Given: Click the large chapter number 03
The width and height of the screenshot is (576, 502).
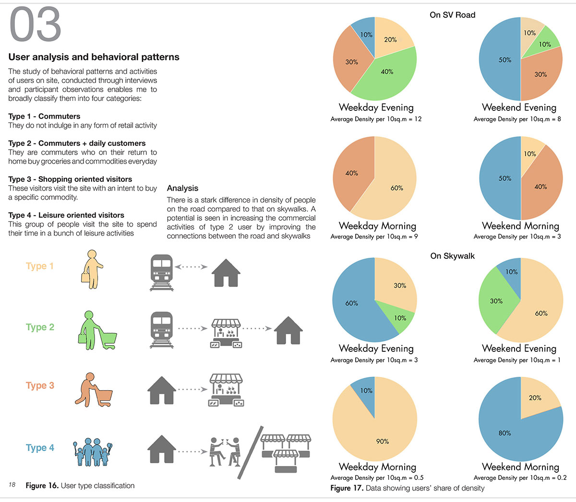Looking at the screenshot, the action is pos(35,24).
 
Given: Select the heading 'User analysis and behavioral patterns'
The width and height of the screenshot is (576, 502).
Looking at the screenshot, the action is pos(94,57).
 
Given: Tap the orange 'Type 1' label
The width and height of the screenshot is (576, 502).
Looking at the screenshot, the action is pos(39,266).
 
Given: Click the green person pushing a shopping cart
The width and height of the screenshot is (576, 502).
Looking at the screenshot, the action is pos(97,330).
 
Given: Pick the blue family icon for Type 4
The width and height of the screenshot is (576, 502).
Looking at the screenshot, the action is pos(93,452).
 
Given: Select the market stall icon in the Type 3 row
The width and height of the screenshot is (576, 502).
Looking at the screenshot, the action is pos(226,390).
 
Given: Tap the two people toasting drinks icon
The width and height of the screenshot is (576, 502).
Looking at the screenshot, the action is pos(225,452).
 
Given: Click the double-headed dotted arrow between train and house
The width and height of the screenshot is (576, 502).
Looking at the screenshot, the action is pos(191,267).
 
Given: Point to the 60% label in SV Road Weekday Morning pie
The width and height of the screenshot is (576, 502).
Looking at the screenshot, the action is pos(396,188).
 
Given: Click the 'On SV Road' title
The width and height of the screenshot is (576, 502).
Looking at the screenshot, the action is pos(453,15).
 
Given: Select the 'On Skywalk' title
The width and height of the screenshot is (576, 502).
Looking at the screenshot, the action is pos(453,256).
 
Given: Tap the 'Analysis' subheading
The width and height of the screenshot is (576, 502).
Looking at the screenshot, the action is pos(182,188).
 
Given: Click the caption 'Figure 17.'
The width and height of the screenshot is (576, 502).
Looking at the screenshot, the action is pos(347,488).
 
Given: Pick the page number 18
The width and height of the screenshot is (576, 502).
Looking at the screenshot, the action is pos(12,485).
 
